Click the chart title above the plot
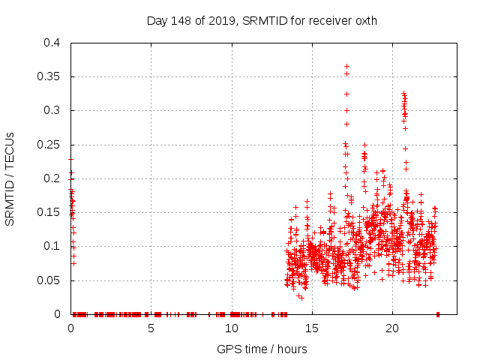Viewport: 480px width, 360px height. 262,21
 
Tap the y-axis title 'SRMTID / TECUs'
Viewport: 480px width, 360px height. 10,178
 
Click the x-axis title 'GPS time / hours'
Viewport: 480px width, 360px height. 262,349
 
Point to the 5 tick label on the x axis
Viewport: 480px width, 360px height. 151,328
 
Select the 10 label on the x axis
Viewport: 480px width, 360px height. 231,328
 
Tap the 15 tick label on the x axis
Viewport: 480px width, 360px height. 311,328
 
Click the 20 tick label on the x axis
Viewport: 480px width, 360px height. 391,328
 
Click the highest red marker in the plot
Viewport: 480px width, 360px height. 346,66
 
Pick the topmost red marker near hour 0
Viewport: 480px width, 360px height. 70,159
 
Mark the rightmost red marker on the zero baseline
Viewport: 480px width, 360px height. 438,313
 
